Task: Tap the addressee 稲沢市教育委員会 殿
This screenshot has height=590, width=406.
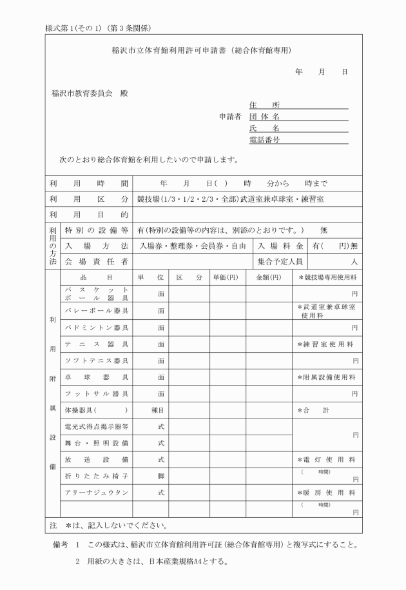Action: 90,93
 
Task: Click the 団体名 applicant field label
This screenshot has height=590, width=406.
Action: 264,117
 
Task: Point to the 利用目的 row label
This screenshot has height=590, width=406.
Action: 89,214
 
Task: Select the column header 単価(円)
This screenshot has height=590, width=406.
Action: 226,277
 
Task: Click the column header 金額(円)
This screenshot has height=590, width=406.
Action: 268,277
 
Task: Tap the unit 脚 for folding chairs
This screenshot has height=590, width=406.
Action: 161,475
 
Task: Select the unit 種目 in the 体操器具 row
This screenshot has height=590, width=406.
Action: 161,409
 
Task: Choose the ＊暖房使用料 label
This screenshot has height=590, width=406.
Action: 327,492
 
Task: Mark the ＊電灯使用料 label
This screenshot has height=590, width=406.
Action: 327,459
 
